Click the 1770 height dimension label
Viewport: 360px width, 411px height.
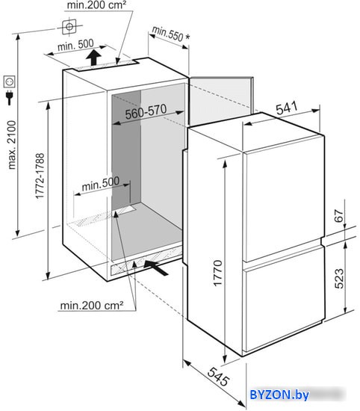pyautogui.click(x=218, y=273)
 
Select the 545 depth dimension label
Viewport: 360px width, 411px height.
pyautogui.click(x=218, y=377)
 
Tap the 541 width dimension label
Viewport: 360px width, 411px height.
pyautogui.click(x=287, y=108)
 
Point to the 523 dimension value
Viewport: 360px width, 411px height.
pyautogui.click(x=339, y=279)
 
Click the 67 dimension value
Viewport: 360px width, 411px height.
pyautogui.click(x=339, y=216)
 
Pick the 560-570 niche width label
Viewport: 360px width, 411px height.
pyautogui.click(x=146, y=112)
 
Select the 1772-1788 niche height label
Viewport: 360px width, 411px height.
pyautogui.click(x=40, y=176)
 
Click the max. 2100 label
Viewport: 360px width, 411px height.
pyautogui.click(x=12, y=145)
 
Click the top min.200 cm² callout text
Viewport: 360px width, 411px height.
pyautogui.click(x=96, y=5)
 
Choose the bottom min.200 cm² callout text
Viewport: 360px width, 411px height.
pyautogui.click(x=92, y=306)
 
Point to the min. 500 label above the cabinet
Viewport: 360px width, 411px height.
pyautogui.click(x=75, y=45)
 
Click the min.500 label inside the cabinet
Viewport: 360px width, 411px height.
pyautogui.click(x=101, y=184)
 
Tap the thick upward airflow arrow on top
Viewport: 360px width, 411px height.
pyautogui.click(x=94, y=58)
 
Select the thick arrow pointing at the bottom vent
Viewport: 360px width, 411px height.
pyautogui.click(x=156, y=267)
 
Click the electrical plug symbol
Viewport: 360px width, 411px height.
pyautogui.click(x=10, y=97)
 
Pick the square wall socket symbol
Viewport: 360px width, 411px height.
pyautogui.click(x=10, y=81)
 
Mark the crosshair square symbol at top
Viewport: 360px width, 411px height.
pyautogui.click(x=69, y=26)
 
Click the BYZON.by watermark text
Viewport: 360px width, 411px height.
pyautogui.click(x=279, y=395)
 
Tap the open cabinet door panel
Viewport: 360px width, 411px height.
pyautogui.click(x=220, y=101)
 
